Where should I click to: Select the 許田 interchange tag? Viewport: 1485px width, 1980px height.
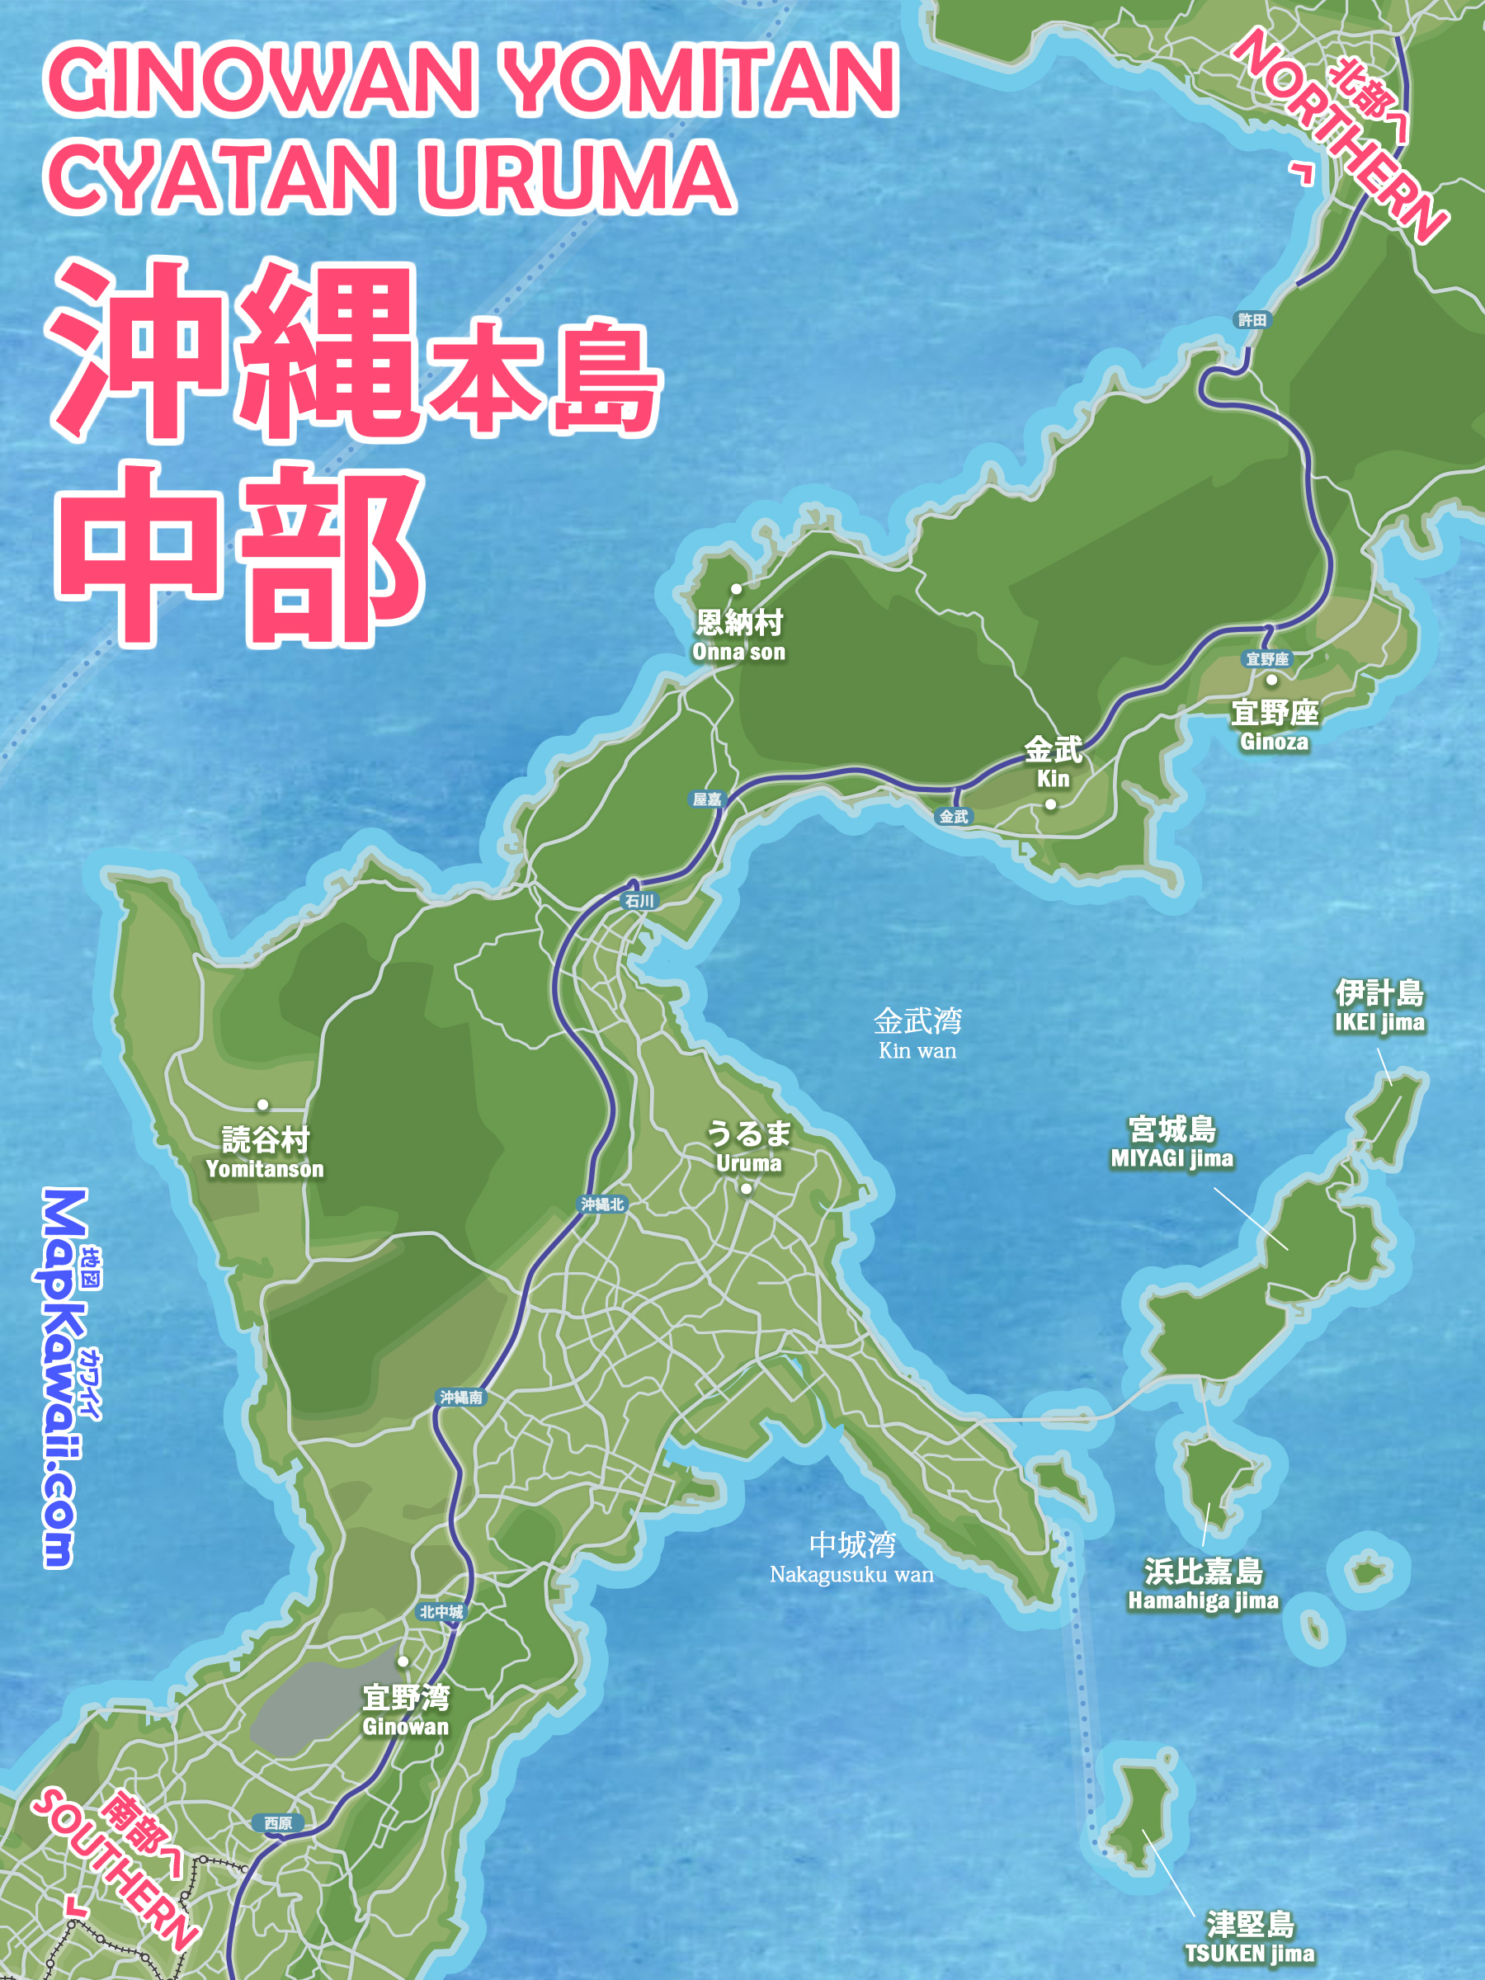(1252, 319)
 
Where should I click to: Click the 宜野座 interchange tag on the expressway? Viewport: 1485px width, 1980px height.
(1267, 659)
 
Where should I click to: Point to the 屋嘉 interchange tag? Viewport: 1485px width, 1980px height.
(707, 799)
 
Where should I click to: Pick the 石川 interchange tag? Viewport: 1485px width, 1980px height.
(639, 901)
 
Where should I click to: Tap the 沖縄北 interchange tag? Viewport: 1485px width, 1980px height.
(602, 1204)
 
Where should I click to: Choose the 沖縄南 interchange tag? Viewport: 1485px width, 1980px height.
(461, 1397)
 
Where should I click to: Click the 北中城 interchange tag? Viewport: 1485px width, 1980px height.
(441, 1611)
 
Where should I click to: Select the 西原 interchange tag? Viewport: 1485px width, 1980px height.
(277, 1823)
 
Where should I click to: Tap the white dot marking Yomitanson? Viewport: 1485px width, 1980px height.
(262, 1105)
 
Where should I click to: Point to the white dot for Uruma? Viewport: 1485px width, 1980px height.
(746, 1189)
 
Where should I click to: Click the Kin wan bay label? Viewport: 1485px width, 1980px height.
(917, 1034)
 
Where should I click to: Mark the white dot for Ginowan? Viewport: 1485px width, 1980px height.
(403, 1662)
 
